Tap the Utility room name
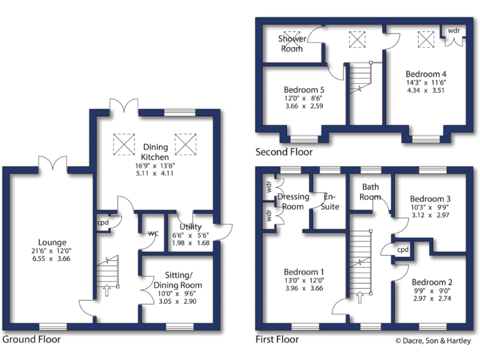tap(189, 226)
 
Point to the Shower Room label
tap(292, 44)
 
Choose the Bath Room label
tap(370, 192)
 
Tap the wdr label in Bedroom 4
tap(454, 29)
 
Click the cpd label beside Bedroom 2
tap(403, 249)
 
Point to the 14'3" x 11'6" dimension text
tap(426, 82)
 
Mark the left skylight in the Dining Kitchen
tap(124, 144)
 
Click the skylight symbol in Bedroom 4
tap(425, 40)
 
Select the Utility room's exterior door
tap(223, 231)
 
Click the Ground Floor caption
tap(32, 340)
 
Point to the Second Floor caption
tap(284, 152)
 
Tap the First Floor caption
tap(277, 340)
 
